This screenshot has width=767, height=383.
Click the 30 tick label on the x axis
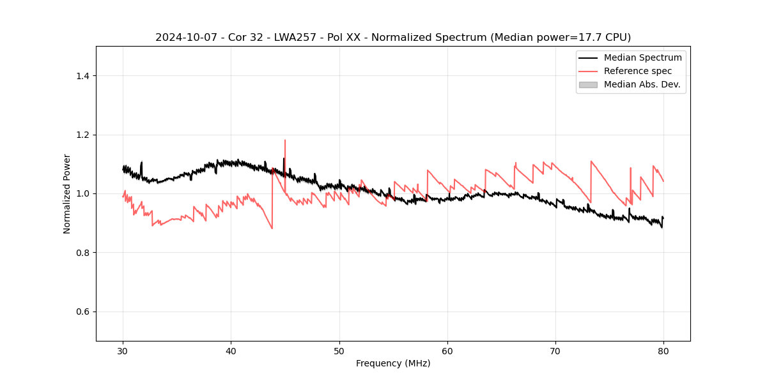[123, 351]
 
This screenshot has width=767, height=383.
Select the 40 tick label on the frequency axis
[231, 351]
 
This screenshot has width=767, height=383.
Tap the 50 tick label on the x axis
[339, 351]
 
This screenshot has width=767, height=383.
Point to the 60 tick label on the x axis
[447, 351]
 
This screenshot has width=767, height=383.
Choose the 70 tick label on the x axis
[555, 351]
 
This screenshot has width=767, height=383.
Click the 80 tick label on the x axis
[663, 351]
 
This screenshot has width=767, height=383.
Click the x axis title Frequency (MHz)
[393, 363]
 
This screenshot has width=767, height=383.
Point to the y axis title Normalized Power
[67, 193]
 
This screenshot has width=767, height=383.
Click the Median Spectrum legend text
[642, 57]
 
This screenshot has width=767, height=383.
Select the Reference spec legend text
[638, 71]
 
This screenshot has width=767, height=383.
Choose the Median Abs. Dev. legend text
[642, 84]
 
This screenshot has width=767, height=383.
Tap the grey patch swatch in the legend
[588, 84]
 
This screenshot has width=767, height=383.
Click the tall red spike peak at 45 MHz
[285, 140]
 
